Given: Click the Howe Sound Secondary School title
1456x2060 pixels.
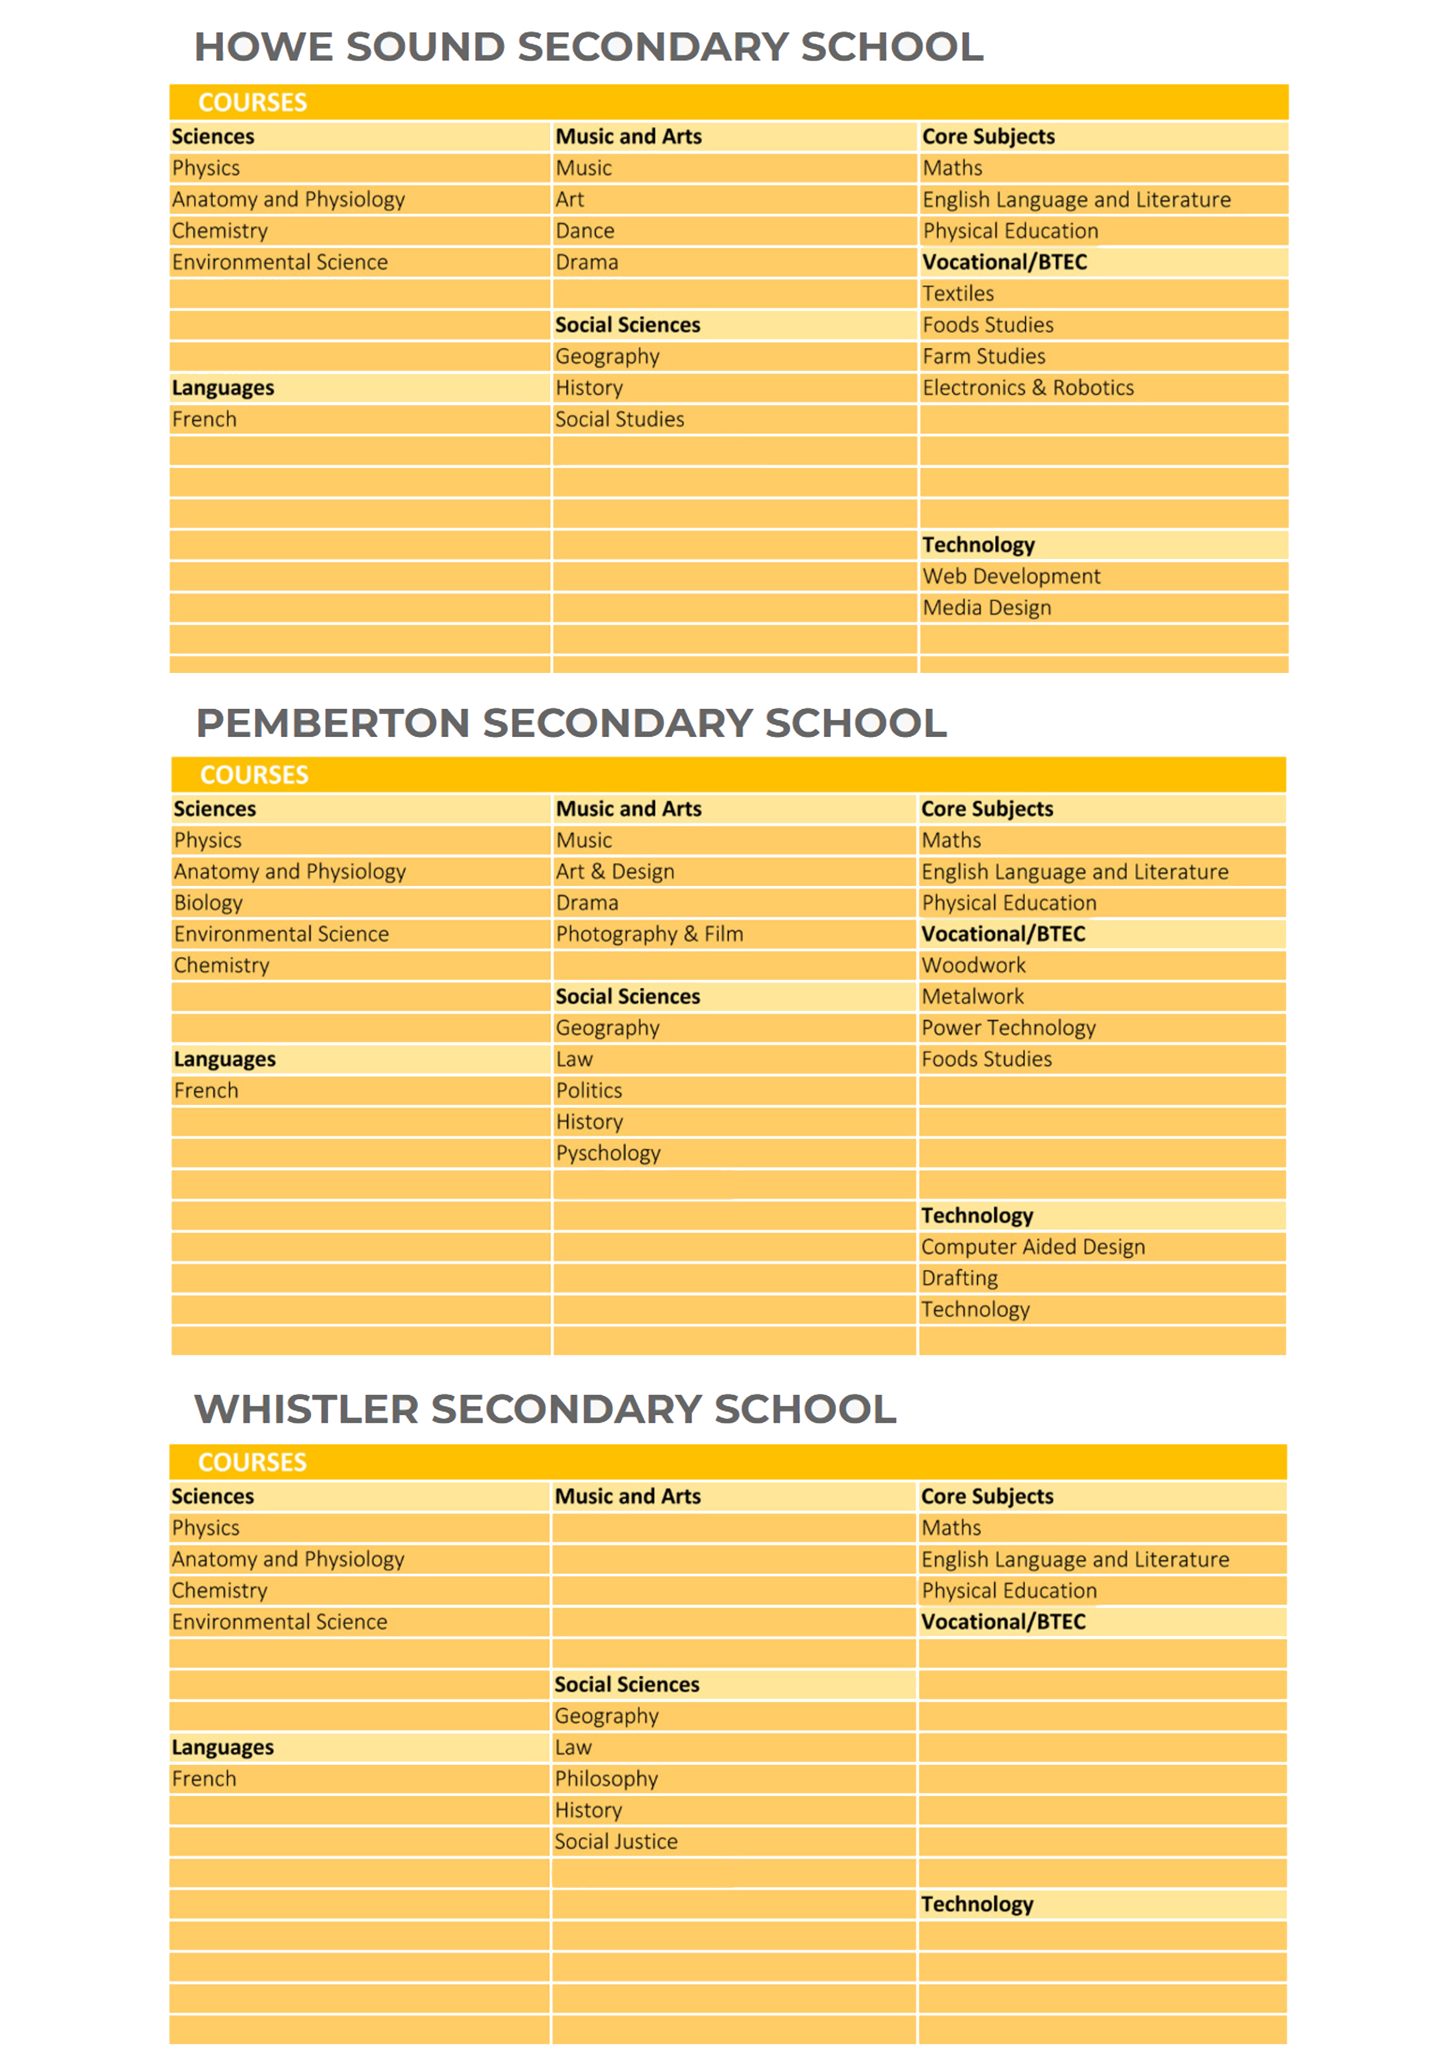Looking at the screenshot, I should [x=588, y=46].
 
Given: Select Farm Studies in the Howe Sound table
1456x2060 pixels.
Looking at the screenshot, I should [x=983, y=356].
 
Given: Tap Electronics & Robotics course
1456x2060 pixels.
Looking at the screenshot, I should [x=1027, y=388].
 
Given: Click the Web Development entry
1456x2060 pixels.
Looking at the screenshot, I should [x=1010, y=576].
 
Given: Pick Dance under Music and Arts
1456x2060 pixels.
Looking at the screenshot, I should [x=584, y=231].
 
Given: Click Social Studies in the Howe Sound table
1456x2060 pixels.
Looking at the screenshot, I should [x=619, y=419].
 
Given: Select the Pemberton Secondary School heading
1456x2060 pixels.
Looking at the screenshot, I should [x=571, y=723].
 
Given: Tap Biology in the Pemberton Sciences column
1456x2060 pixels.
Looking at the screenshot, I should [x=208, y=903].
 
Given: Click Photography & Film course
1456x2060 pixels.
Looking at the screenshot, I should [x=649, y=934].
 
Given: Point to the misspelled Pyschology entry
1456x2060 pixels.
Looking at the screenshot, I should [x=607, y=1153].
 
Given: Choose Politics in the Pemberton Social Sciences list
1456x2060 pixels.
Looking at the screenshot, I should [x=588, y=1090].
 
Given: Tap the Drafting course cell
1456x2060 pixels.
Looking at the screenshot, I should [x=959, y=1278].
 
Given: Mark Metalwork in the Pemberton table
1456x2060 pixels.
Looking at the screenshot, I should [x=972, y=996].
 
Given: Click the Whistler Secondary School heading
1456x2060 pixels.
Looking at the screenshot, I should [x=545, y=1409].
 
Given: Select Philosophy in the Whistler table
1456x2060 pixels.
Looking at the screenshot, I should [x=605, y=1778].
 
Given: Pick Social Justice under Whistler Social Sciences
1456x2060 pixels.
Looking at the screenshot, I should [x=615, y=1841].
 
